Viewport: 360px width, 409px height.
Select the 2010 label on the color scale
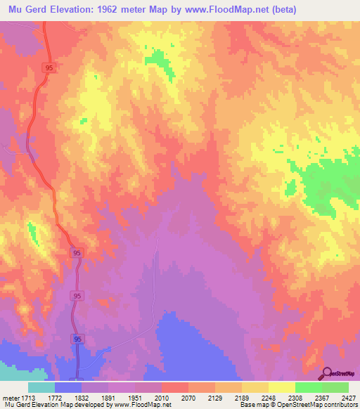coord(160,398)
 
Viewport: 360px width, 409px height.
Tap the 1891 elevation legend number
coord(106,398)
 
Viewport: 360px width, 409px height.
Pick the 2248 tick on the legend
coord(267,398)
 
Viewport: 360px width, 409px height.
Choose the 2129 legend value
coord(214,398)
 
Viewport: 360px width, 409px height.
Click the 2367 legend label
coord(321,398)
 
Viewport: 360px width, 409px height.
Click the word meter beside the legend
coord(9,398)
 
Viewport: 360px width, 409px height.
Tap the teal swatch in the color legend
coord(41,387)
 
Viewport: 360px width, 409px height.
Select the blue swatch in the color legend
coord(67,387)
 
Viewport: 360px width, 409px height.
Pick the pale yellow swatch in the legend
coord(281,387)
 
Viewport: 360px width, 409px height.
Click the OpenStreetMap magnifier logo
coord(327,374)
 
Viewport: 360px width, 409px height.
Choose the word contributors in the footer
coord(340,405)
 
